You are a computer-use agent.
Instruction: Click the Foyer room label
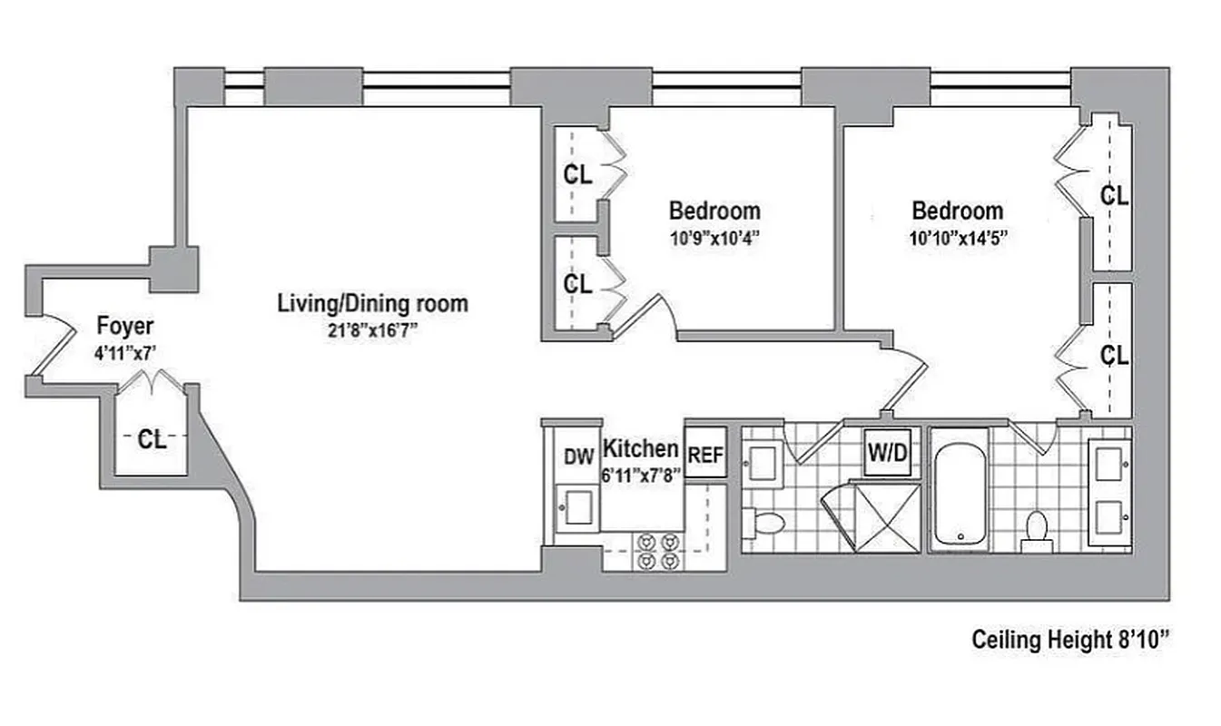125,326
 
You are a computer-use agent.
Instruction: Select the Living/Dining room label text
372,303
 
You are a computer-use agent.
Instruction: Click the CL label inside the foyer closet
152,440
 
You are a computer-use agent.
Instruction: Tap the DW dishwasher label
578,456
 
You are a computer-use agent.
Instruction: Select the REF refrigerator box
705,452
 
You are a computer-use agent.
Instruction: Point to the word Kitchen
641,448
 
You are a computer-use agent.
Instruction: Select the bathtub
960,491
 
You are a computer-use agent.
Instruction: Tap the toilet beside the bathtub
1035,530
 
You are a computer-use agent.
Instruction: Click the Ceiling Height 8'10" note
1069,640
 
